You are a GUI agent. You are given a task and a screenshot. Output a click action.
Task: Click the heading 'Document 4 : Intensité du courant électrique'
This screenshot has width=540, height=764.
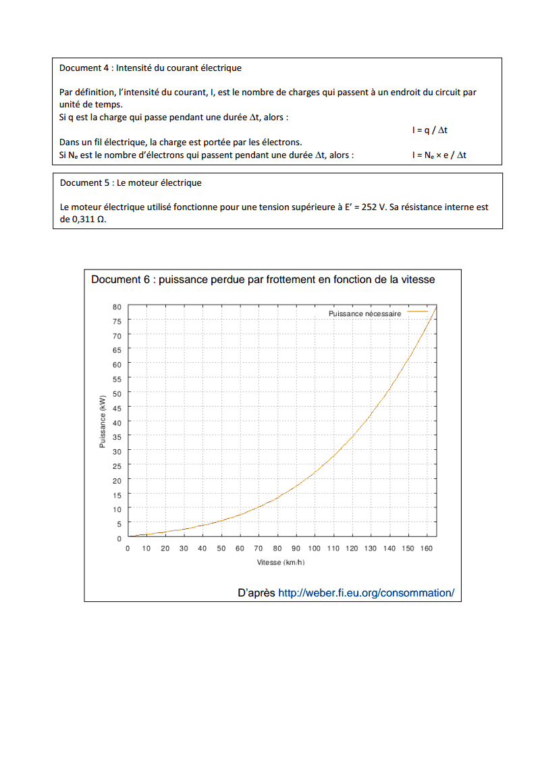click(150, 68)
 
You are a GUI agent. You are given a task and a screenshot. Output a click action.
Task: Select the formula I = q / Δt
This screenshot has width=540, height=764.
click(429, 130)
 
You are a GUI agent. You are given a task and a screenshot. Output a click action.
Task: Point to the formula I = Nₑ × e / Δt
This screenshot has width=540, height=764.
click(439, 155)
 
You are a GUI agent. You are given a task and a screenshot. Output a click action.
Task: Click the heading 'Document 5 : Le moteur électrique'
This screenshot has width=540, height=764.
click(130, 182)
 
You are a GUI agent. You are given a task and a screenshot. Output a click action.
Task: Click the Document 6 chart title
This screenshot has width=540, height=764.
click(263, 279)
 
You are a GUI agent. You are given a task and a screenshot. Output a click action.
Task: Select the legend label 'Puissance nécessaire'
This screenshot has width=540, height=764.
click(364, 314)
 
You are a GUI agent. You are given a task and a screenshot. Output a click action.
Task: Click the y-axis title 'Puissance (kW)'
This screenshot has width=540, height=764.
click(103, 422)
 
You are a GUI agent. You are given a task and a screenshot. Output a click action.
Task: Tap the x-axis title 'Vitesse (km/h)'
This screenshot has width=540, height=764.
click(281, 563)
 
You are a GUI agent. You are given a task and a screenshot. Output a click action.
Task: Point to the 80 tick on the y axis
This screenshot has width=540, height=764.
click(117, 307)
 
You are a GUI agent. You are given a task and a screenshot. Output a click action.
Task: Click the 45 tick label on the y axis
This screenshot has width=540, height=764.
click(117, 408)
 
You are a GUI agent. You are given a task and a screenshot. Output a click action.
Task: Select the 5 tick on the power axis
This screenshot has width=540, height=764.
click(119, 524)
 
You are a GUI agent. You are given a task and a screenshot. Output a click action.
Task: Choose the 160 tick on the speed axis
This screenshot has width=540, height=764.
click(426, 549)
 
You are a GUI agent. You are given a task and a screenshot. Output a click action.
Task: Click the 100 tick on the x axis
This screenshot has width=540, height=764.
click(315, 549)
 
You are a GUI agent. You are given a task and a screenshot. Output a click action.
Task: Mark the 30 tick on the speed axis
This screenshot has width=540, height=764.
click(184, 549)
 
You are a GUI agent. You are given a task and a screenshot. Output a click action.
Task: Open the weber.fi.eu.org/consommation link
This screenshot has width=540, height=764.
click(366, 593)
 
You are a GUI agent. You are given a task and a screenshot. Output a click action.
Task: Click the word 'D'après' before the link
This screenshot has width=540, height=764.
click(256, 593)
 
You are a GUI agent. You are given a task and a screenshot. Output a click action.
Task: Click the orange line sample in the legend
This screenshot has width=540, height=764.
click(417, 312)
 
